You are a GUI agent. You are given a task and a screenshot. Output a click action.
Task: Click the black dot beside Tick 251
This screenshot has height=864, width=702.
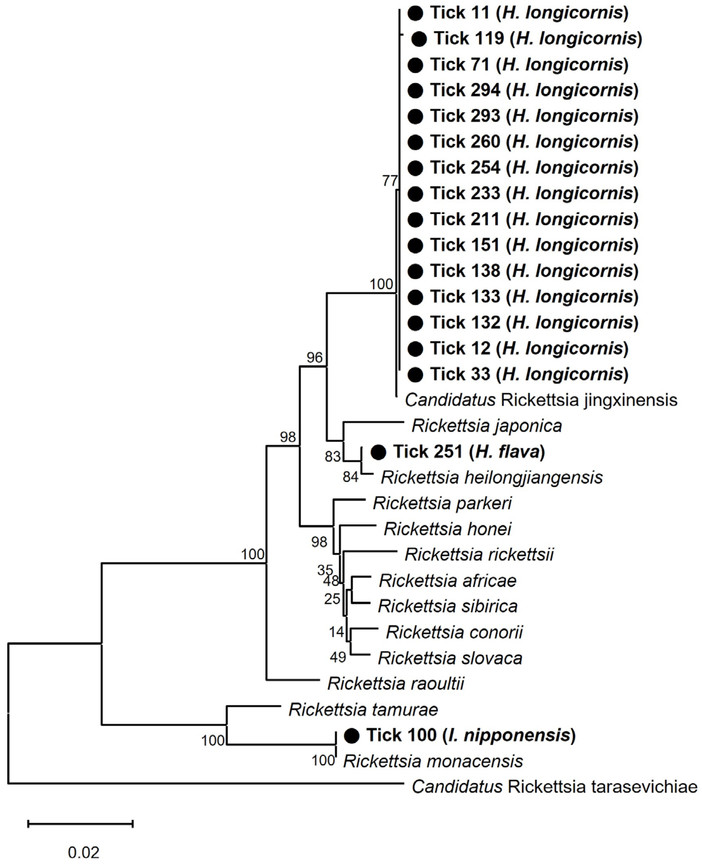[378, 452]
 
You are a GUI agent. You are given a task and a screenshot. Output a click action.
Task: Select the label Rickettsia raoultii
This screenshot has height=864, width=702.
[396, 684]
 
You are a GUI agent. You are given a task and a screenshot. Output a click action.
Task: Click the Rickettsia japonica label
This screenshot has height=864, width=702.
[486, 426]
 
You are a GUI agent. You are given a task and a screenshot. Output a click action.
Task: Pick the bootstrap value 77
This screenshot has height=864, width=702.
[390, 181]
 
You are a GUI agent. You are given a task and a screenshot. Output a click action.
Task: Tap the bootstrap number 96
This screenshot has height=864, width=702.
[315, 357]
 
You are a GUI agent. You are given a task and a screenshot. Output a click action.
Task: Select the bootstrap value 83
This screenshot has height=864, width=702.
[333, 456]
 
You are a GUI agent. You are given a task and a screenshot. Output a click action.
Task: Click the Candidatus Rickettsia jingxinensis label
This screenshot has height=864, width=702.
[541, 400]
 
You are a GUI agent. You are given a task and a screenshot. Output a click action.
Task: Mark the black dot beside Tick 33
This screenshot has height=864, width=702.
[415, 374]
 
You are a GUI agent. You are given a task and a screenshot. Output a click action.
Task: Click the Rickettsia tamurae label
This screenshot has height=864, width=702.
[363, 710]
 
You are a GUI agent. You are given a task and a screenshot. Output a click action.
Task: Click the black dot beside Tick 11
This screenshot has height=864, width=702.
[415, 13]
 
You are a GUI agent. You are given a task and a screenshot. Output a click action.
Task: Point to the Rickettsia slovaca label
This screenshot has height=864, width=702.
[450, 658]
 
